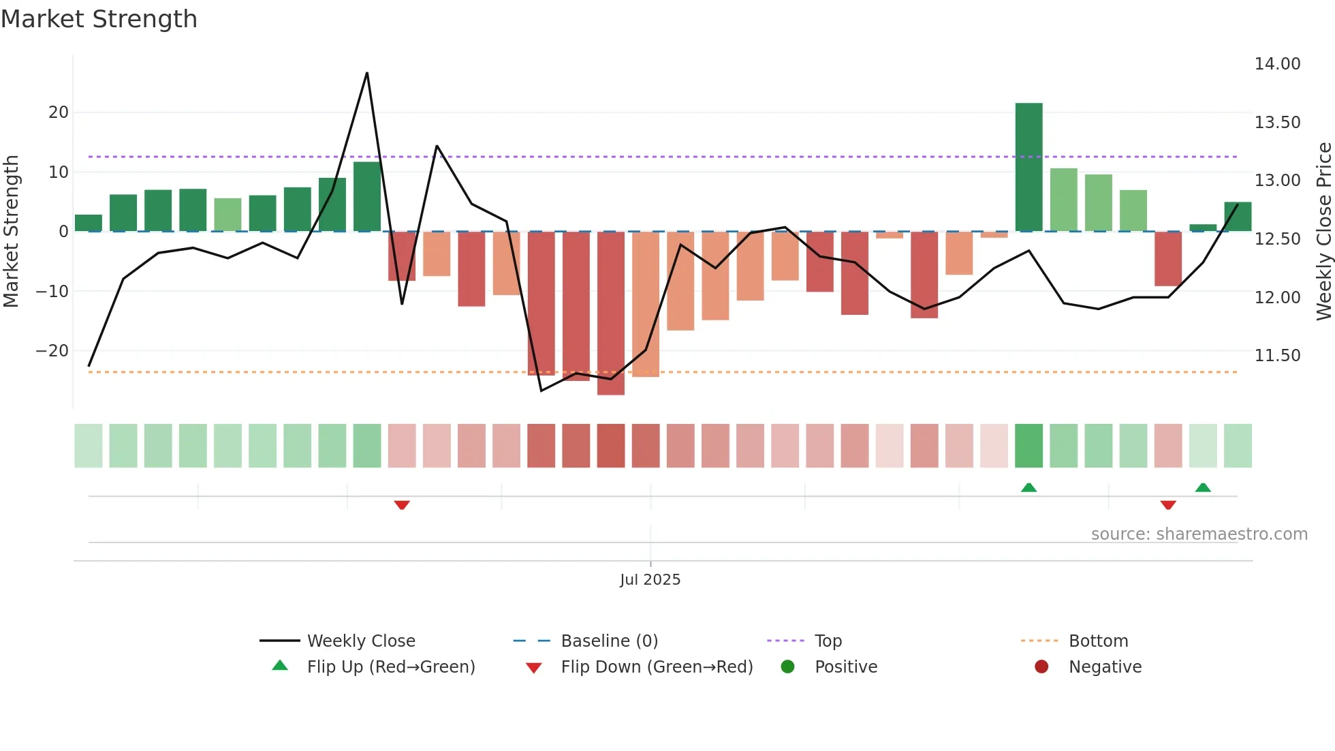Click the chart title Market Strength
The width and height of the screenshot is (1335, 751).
coord(99,19)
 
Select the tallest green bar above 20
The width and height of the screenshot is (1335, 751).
coord(1028,167)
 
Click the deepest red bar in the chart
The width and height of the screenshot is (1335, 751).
coord(611,313)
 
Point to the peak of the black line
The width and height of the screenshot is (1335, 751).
coord(367,73)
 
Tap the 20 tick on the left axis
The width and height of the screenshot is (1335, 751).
coord(59,112)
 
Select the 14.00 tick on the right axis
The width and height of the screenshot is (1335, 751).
coord(1277,64)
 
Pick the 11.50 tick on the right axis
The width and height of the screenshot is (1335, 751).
coord(1277,356)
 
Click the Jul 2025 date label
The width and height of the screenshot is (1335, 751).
coord(650,580)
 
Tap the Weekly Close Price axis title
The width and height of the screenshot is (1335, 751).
coord(1323,232)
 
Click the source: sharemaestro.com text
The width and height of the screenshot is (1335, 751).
coord(1199,534)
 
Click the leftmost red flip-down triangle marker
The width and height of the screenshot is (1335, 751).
coord(402,505)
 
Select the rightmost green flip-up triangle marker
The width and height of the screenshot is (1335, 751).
coord(1203,487)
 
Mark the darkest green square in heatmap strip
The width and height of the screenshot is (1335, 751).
coord(1028,446)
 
